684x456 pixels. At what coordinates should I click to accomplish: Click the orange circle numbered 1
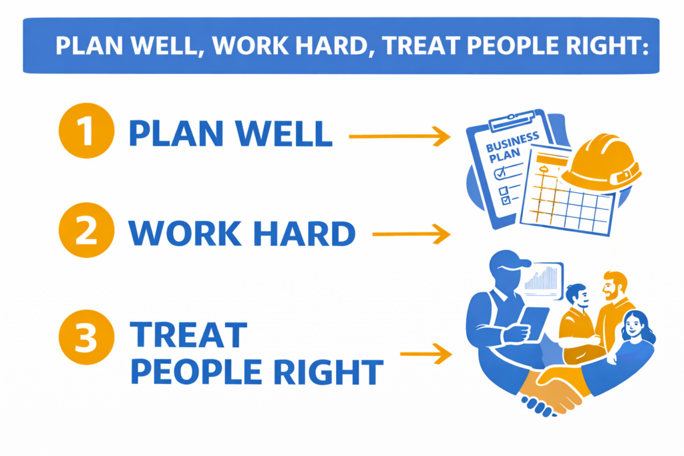coord(86,131)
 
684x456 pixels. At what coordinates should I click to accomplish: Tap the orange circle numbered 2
coord(86,230)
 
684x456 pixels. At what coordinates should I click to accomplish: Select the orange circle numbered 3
coord(86,337)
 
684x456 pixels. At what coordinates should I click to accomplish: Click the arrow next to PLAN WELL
coord(399,136)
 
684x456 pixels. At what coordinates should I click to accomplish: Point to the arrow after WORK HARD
coord(411,234)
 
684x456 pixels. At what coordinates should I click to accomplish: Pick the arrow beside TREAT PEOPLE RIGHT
coord(425,354)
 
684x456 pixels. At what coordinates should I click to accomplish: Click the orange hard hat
coord(602,164)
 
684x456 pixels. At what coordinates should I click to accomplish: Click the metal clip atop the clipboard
coord(512,120)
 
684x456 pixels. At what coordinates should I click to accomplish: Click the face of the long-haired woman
coord(633,325)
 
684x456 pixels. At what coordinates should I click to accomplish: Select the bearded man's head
coord(615,286)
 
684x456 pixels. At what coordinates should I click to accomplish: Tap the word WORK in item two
coord(185,234)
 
